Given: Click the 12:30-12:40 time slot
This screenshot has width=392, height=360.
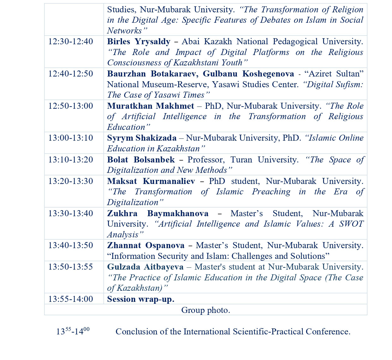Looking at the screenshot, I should (70, 42).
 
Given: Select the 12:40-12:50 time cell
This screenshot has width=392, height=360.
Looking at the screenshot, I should (70, 74).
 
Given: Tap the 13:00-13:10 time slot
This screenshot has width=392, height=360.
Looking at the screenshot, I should (70, 138).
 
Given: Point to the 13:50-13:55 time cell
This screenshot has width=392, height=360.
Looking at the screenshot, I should (70, 267).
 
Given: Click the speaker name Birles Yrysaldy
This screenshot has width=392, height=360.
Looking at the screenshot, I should (139, 42).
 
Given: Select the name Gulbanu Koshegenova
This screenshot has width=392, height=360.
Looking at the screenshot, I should (248, 74).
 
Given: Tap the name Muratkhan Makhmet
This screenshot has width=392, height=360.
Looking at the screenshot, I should (151, 106).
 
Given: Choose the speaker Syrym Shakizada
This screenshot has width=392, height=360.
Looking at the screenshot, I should (142, 138).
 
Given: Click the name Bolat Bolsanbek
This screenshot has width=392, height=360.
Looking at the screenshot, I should (141, 160).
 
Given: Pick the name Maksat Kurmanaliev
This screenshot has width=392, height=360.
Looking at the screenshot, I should (151, 181).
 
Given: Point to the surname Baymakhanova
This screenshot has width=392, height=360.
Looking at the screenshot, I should (178, 214).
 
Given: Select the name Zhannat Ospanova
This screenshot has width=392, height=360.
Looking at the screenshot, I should (146, 246).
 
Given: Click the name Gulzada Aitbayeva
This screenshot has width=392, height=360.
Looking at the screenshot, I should (145, 267).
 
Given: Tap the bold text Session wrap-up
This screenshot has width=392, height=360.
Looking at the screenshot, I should (141, 299).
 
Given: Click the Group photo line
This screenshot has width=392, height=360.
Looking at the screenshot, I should (206, 310).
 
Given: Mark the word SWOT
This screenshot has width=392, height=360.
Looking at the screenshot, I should (351, 224).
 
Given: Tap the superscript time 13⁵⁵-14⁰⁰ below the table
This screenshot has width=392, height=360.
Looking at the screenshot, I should (73, 331).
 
